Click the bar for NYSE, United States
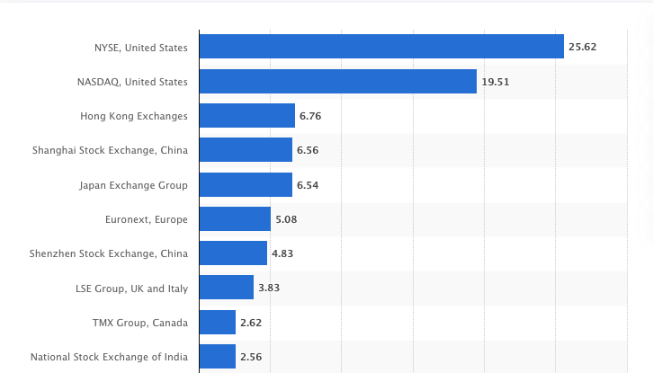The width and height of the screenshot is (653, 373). [x=380, y=47]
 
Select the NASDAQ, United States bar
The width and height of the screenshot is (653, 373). [x=337, y=82]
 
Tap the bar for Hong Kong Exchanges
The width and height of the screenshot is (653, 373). [x=246, y=116]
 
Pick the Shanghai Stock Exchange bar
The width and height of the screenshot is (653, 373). [x=246, y=150]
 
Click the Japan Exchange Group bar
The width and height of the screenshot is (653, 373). [x=246, y=185]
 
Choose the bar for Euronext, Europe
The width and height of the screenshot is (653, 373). [x=235, y=219]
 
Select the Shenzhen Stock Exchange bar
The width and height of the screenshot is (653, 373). [x=233, y=253]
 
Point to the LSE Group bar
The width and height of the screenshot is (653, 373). [x=226, y=288]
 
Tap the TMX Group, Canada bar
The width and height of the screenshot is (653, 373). [x=217, y=322]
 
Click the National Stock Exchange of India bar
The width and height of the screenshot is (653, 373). [x=217, y=357]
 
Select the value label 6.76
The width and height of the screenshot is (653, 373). [x=310, y=116]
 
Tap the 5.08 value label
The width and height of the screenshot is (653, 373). [x=286, y=219]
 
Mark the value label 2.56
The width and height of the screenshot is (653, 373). [x=250, y=357]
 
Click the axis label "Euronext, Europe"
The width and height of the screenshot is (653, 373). [x=147, y=219]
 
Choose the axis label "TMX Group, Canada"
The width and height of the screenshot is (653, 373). [x=139, y=323]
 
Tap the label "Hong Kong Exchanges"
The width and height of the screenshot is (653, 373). [x=134, y=116]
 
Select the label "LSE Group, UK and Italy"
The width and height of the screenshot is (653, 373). [x=131, y=289]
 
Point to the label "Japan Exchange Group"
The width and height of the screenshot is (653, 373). [x=134, y=185]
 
